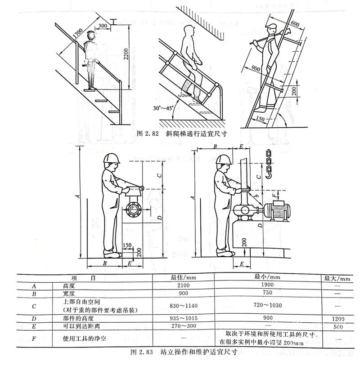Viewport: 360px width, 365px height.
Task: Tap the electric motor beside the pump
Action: (278, 211)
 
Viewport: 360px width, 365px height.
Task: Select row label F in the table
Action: (35, 338)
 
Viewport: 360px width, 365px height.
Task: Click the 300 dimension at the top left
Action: (102, 26)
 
